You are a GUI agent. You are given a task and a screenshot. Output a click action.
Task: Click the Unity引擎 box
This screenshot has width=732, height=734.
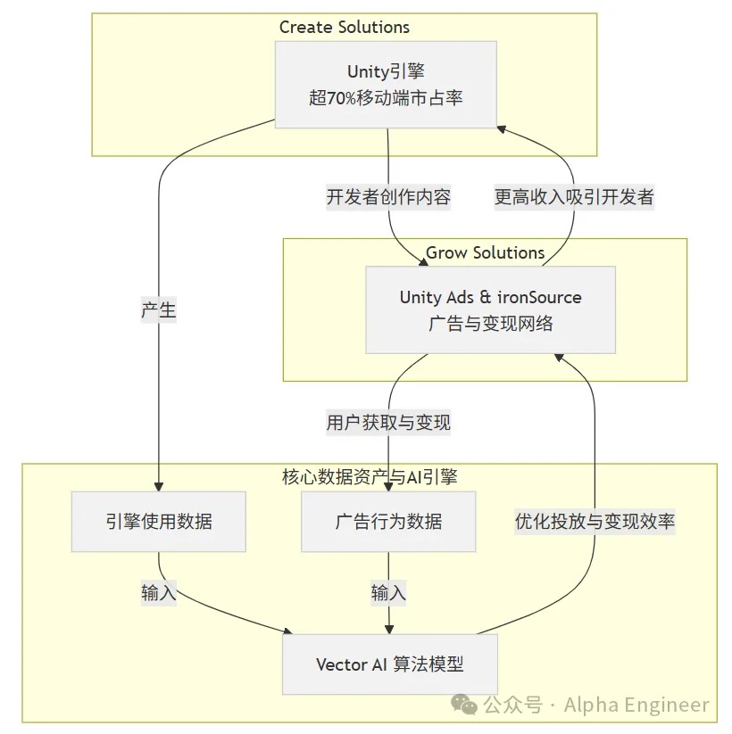click(x=386, y=85)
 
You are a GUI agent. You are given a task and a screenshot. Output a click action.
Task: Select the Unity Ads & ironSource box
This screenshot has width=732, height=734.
click(x=490, y=309)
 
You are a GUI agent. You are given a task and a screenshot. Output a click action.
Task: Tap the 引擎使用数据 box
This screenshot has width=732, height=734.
click(x=158, y=521)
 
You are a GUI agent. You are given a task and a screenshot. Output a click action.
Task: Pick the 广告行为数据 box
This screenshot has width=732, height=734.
click(x=388, y=521)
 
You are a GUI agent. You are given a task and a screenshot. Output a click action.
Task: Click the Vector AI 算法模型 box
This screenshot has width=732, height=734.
click(x=389, y=664)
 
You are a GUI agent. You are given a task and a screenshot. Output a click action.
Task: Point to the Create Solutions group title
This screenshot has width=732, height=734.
click(x=344, y=27)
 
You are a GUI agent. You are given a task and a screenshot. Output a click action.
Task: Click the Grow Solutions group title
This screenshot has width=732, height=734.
click(x=485, y=252)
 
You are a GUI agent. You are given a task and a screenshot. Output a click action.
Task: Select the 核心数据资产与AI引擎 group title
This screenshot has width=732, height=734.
click(x=369, y=477)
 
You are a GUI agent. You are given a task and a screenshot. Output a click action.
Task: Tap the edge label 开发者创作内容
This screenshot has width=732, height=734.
click(x=388, y=197)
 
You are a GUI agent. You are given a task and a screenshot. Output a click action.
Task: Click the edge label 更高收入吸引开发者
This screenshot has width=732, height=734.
click(x=574, y=197)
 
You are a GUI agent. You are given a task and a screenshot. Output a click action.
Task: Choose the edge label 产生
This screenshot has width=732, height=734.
click(x=158, y=310)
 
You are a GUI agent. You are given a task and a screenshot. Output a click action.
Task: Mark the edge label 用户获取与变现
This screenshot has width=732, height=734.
click(x=388, y=422)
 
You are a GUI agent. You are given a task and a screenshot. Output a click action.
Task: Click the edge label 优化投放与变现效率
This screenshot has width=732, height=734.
click(x=595, y=522)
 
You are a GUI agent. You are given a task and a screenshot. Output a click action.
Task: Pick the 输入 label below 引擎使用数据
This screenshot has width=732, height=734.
click(x=158, y=593)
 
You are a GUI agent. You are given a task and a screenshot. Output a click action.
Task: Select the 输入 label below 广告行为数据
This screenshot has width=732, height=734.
click(x=388, y=592)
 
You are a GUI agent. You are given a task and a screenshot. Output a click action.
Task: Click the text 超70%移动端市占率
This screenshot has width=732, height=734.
click(x=386, y=97)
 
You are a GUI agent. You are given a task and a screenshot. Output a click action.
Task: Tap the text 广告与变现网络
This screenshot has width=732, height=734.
click(x=490, y=323)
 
